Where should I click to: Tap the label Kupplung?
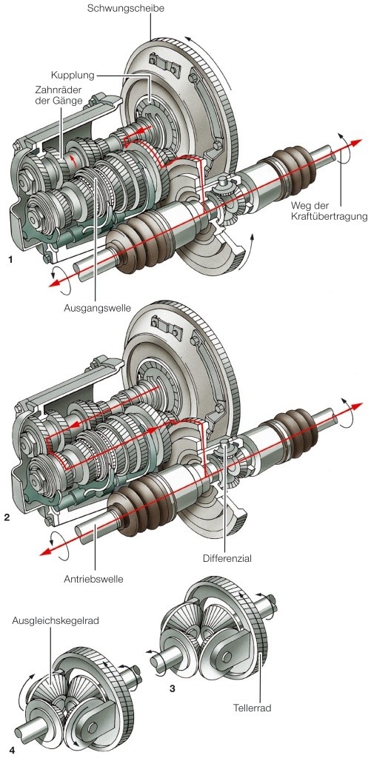[72, 76]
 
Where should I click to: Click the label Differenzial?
[227, 558]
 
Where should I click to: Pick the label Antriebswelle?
[93, 578]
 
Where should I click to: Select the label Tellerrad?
[252, 708]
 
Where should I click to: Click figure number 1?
[10, 260]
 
